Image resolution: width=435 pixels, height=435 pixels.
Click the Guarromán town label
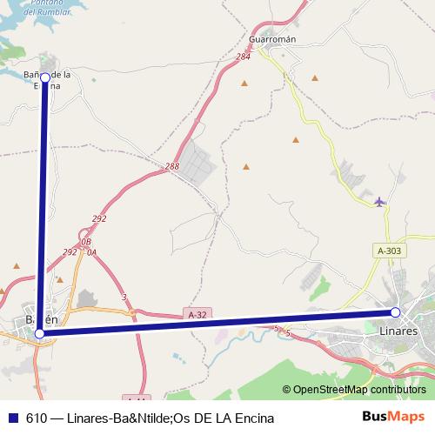pyautogui.click(x=272, y=39)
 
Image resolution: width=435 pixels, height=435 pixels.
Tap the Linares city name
pyautogui.click(x=399, y=331)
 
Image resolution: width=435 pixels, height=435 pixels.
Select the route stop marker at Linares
pyautogui.click(x=395, y=312)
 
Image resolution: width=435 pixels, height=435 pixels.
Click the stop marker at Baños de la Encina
pyautogui.click(x=45, y=77)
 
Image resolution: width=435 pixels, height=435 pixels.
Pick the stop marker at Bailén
pyautogui.click(x=39, y=332)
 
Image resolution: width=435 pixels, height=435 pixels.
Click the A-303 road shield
pyautogui.click(x=389, y=251)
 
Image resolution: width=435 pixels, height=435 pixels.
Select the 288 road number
pyautogui.click(x=171, y=165)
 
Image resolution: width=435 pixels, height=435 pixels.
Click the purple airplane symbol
pyautogui.click(x=378, y=202)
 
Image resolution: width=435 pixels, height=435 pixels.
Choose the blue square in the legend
pyautogui.click(x=13, y=418)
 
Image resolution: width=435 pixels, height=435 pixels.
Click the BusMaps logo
pyautogui.click(x=393, y=417)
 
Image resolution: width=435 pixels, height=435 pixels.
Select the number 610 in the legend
pyautogui.click(x=37, y=418)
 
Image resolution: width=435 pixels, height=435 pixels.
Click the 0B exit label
pyautogui.click(x=85, y=242)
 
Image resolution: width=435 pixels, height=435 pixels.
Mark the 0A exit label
pyautogui.click(x=90, y=251)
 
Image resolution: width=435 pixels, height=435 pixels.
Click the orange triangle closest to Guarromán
pyautogui.click(x=244, y=84)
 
